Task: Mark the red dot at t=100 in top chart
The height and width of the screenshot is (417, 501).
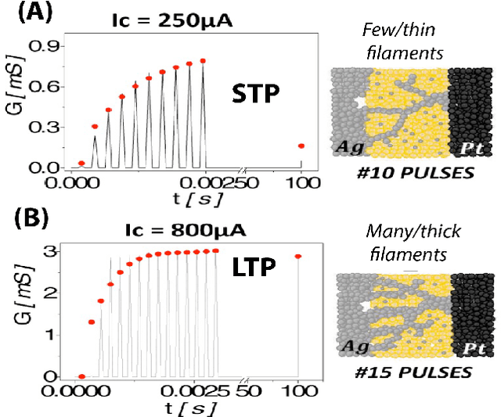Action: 301,146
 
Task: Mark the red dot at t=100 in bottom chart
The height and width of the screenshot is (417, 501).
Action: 298,257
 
